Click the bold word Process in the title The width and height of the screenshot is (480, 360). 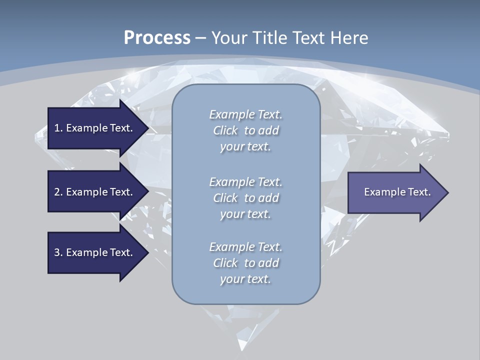coord(157,38)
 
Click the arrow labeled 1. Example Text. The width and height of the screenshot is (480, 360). coord(95,128)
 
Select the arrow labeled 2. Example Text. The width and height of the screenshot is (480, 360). coord(95,192)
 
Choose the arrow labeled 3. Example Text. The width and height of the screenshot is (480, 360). coord(95,252)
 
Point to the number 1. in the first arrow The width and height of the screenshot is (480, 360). coord(58,128)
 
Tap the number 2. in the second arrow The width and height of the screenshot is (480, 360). coord(58,192)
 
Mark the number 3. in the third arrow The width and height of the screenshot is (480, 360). coord(58,252)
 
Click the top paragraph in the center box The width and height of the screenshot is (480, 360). coord(245,130)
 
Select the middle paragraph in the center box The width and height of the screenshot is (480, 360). coord(245,198)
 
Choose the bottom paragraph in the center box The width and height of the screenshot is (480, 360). coord(245,263)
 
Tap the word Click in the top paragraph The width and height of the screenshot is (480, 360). coord(225,130)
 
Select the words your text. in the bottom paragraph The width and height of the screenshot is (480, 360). coord(245,279)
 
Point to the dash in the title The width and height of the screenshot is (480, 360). coord(200,38)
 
